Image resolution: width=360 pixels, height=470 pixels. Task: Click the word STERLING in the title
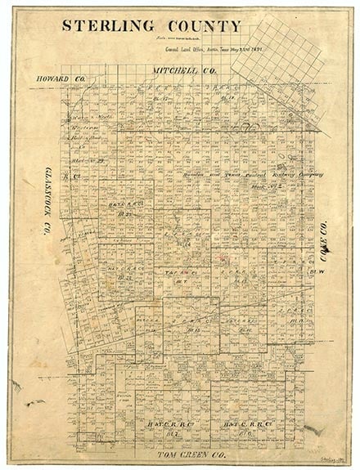pos(106,26)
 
